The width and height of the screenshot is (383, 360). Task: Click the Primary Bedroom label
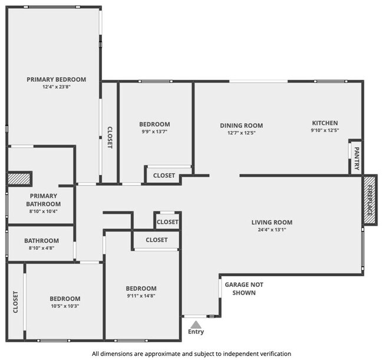point(56,80)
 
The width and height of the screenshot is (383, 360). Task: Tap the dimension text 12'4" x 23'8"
point(57,87)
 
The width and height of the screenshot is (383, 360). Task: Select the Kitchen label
point(325,123)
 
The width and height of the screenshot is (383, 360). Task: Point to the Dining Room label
point(242,125)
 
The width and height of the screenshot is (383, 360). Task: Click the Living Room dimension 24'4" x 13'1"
point(272,230)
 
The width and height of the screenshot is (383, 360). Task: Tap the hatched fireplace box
point(369,200)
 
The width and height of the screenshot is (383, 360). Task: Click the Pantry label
point(356,158)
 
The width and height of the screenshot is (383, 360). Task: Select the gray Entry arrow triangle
point(196,325)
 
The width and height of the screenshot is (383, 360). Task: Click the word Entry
point(196,332)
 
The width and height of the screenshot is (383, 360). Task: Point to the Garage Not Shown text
point(244,289)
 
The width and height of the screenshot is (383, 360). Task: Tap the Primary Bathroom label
point(44,200)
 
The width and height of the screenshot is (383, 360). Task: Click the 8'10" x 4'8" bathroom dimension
point(41,248)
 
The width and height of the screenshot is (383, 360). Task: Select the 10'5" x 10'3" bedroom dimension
point(65,306)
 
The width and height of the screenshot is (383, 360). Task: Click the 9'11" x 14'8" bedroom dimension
point(141,296)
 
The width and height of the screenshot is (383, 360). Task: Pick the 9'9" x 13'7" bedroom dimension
point(154,131)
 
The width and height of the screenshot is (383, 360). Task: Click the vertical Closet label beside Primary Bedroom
point(110,137)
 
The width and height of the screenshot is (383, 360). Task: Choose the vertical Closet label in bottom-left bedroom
point(15,302)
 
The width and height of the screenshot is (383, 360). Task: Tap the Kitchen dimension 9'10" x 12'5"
point(325,130)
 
